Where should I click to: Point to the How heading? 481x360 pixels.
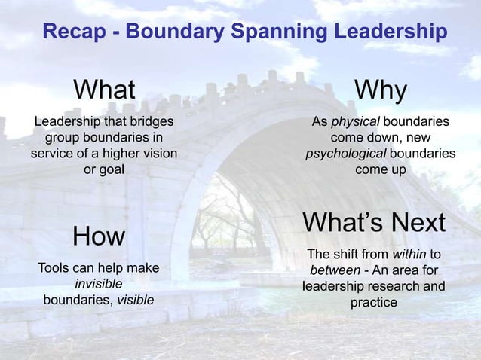click(98, 236)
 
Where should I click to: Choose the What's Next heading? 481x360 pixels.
click(374, 223)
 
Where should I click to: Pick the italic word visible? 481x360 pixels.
click(136, 300)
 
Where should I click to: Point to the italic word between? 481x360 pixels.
click(333, 270)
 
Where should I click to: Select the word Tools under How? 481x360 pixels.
click(55, 268)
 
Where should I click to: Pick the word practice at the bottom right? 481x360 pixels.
click(373, 303)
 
